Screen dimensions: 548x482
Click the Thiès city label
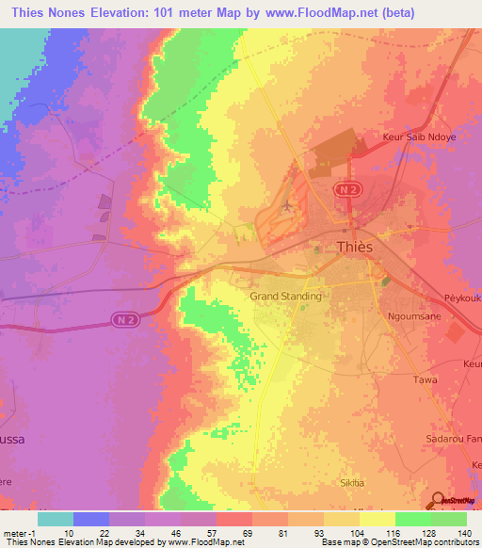point(355,247)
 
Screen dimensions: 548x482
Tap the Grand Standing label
point(285,296)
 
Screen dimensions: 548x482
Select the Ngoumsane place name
point(415,317)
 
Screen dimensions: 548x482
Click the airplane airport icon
point(286,204)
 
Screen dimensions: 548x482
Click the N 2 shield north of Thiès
point(347,189)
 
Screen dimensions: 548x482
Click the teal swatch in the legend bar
point(56,518)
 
